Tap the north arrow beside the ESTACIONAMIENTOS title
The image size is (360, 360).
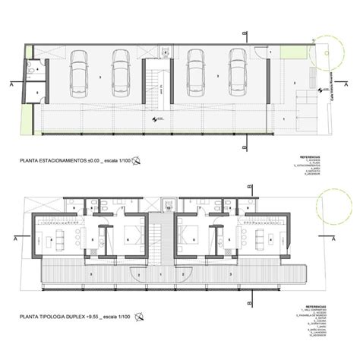[137, 160]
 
